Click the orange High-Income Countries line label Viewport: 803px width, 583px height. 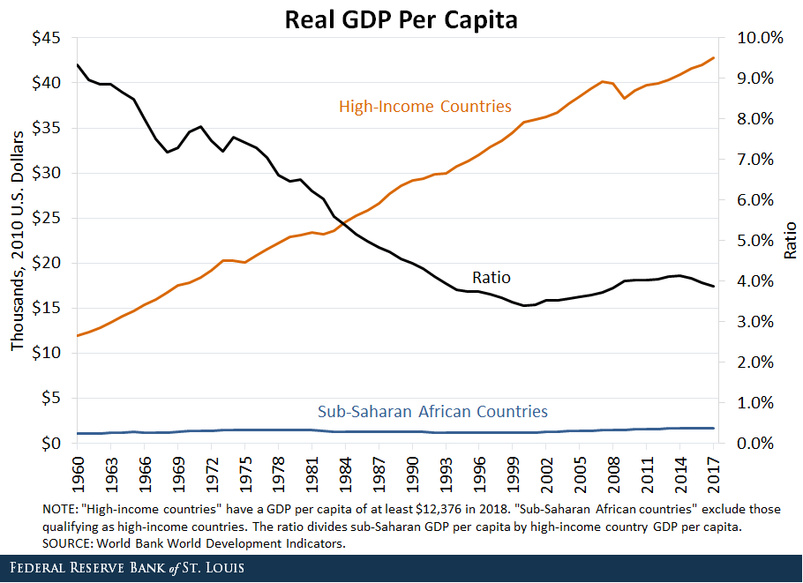click(x=424, y=107)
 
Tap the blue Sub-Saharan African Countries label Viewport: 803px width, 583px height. click(x=432, y=411)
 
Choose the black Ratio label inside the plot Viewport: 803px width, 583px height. click(x=492, y=278)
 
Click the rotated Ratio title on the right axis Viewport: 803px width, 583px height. click(x=790, y=240)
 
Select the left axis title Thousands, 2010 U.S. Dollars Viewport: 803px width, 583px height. click(x=18, y=240)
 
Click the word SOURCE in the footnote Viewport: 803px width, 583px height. click(x=67, y=543)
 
